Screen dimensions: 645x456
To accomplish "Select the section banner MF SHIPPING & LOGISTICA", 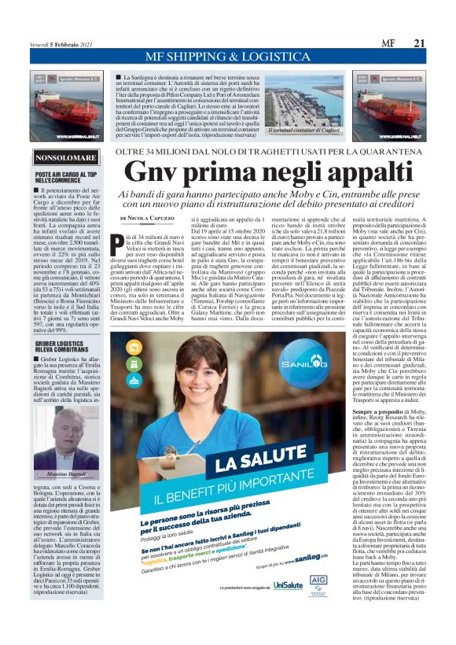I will point(227,57).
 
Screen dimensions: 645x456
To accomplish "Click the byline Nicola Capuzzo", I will point(148,218).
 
